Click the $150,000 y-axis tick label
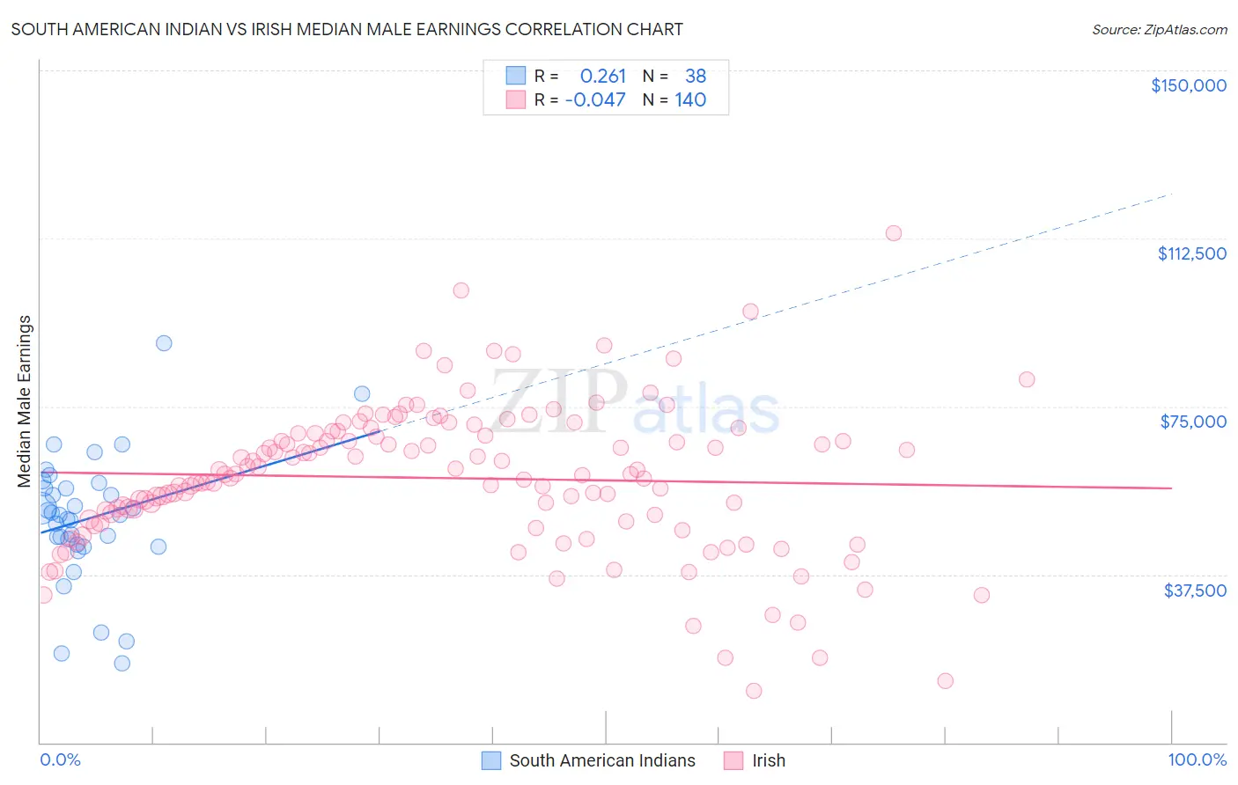coord(1188,85)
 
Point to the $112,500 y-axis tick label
coord(1191,253)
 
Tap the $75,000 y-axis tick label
coord(1193,422)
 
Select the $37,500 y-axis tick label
coord(1195,591)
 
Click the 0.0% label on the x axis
coord(60,759)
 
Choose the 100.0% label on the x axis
coord(1197,759)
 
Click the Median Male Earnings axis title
coord(25,401)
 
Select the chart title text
coord(347,29)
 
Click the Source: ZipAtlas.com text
coord(1159,29)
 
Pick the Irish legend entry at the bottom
coord(768,760)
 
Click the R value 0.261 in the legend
coord(602,76)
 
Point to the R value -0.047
coord(595,99)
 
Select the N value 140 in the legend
coord(690,99)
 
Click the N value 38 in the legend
coord(696,76)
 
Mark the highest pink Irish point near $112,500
coord(893,233)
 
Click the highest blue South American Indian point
coord(164,343)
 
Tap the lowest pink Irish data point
coord(754,691)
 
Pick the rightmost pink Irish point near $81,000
coord(1026,379)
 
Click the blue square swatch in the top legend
coord(516,76)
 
